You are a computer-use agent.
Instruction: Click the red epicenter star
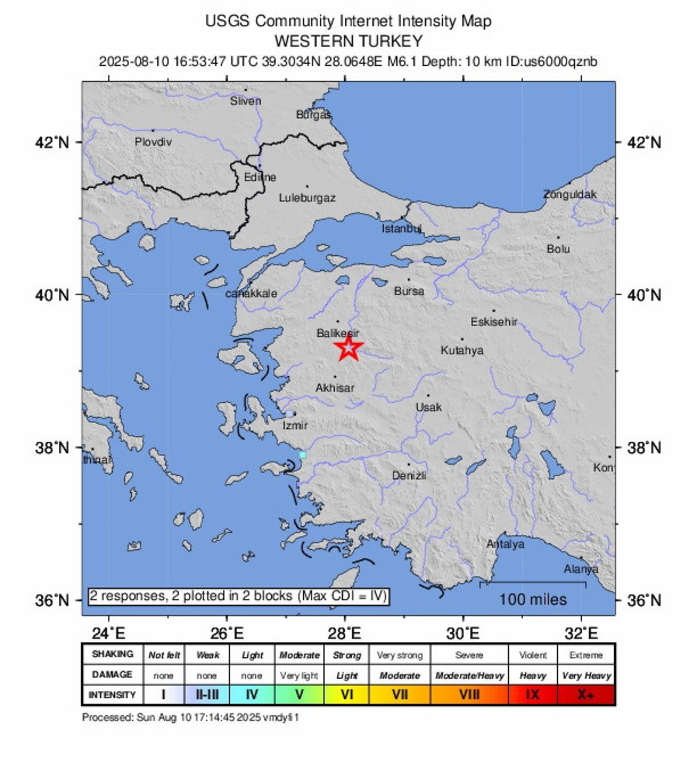coord(348,347)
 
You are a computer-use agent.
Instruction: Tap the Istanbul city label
coord(402,228)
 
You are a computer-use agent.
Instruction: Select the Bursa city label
coord(409,291)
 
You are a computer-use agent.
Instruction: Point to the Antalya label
coord(505,544)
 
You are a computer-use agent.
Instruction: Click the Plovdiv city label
coord(153,142)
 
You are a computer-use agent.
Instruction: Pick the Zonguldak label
coord(570,195)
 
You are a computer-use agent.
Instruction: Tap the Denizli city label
coord(409,476)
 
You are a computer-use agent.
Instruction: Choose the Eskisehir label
coord(494,322)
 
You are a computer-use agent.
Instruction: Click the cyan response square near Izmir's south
coord(302,454)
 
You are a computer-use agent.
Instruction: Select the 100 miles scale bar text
coord(533,600)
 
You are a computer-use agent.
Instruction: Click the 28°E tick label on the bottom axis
coord(345,633)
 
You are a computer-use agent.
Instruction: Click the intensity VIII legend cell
coord(470,695)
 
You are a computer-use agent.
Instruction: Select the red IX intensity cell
coord(533,695)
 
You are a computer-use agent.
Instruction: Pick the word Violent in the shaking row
coord(533,655)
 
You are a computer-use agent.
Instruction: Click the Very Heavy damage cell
coord(586,675)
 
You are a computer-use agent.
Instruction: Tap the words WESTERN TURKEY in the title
coord(348,41)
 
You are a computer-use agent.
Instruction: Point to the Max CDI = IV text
coord(342,597)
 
